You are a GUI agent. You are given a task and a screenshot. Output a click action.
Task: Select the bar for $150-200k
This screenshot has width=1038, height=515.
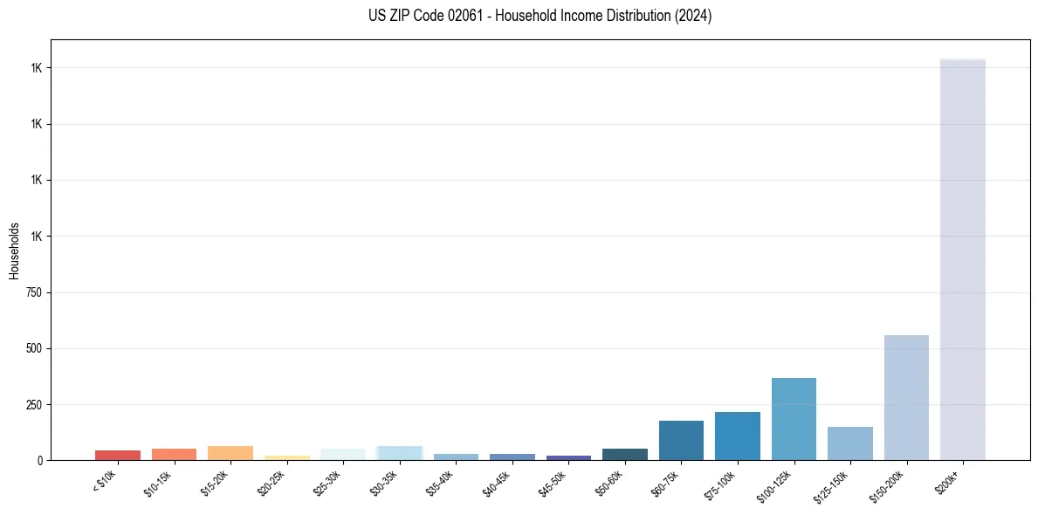click(906, 397)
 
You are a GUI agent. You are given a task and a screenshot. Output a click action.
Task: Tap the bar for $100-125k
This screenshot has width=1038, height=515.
click(794, 419)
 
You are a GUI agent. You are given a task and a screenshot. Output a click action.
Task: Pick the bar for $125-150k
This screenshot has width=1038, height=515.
click(849, 443)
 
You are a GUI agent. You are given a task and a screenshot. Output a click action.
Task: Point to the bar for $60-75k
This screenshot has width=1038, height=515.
click(681, 440)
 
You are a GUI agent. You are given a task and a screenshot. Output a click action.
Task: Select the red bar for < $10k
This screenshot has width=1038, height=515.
click(118, 455)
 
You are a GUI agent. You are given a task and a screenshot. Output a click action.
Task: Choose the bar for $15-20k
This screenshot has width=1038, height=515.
click(230, 453)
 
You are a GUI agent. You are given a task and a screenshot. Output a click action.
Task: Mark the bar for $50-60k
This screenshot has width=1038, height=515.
click(624, 454)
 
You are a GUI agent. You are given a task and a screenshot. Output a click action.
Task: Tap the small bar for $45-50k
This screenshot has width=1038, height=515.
click(568, 457)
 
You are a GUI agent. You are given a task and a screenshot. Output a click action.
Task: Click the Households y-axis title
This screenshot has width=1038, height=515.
click(14, 250)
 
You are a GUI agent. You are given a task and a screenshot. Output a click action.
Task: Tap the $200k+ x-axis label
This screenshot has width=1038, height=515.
click(948, 482)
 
